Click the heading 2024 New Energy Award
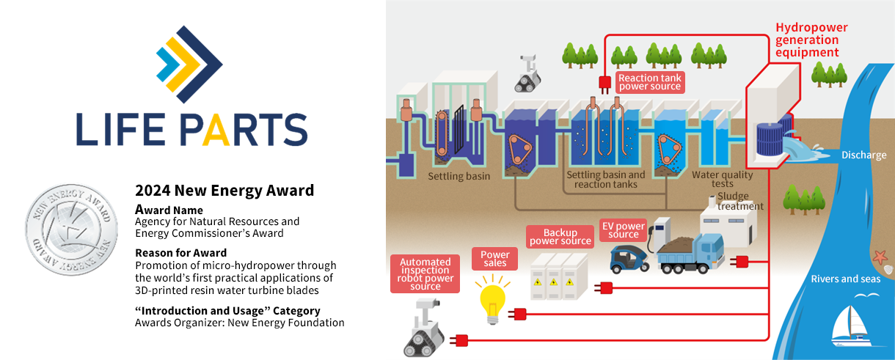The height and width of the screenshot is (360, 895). pos(224,191)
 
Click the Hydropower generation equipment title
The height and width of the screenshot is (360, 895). pos(811,40)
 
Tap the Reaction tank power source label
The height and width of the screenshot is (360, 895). pos(649,82)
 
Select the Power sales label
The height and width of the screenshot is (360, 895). pos(495,258)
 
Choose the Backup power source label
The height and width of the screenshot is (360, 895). pos(560,236)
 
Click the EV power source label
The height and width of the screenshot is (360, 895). pos(623,229)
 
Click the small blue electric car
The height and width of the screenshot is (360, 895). pos(630,257)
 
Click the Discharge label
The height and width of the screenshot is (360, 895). pos(863,155)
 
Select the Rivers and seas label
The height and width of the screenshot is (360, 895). pos(844,279)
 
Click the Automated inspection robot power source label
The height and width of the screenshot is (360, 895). pos(425,273)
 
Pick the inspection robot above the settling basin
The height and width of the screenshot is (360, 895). pos(527,73)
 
